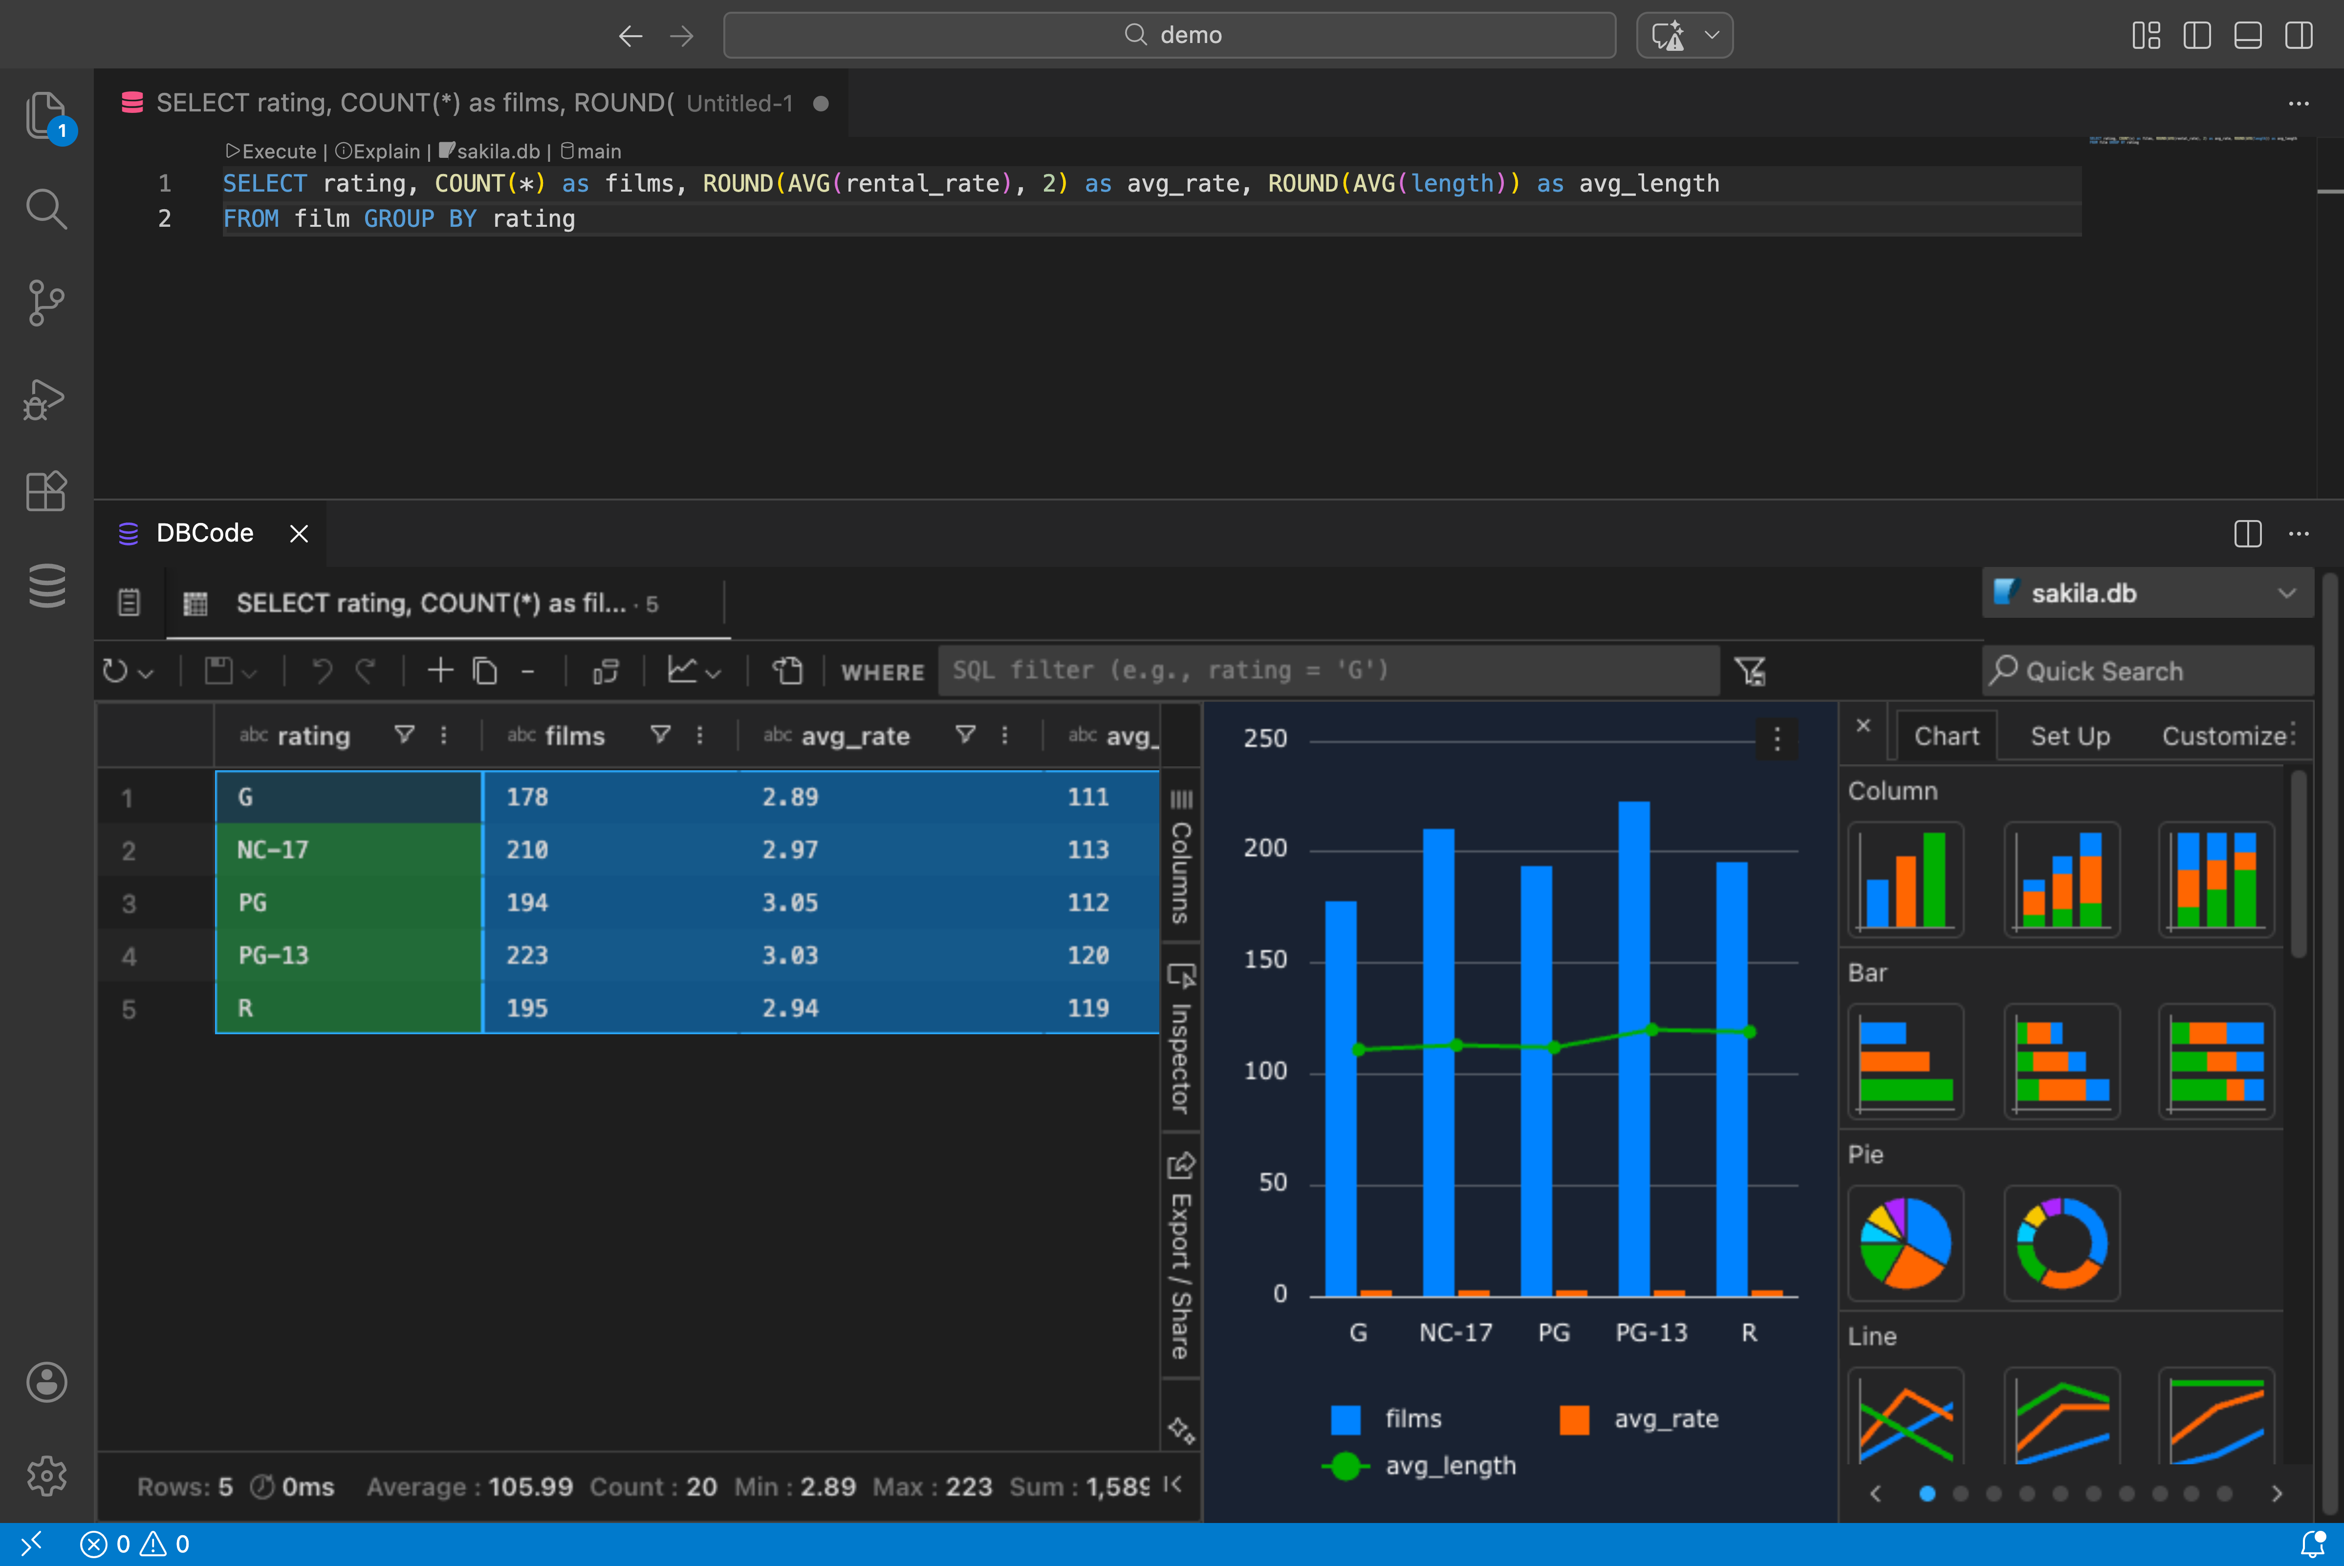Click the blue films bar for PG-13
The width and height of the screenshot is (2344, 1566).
[x=1634, y=1049]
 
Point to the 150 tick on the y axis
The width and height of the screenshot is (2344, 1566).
[x=1265, y=960]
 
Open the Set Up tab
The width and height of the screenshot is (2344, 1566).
[x=2070, y=736]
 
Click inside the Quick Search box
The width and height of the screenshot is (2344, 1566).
[x=2147, y=671]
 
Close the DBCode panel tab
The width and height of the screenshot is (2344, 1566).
[x=299, y=533]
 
